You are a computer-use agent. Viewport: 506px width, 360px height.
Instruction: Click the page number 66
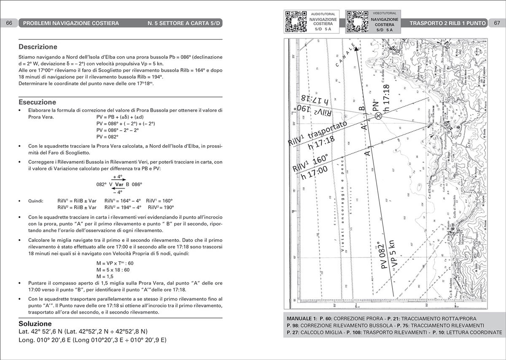(9, 23)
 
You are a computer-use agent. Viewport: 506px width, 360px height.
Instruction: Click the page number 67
(497, 23)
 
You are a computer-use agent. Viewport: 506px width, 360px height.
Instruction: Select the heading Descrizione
(38, 47)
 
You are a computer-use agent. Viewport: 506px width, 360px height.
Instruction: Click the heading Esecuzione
(37, 102)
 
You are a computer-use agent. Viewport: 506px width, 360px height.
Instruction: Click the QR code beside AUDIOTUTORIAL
(295, 22)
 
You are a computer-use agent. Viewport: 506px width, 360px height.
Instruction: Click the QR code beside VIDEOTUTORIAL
(357, 22)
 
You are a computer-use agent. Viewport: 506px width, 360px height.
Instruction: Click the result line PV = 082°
(107, 137)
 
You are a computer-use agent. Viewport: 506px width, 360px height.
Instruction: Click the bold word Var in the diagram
(119, 184)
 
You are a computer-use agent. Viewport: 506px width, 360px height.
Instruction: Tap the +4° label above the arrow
(118, 177)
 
